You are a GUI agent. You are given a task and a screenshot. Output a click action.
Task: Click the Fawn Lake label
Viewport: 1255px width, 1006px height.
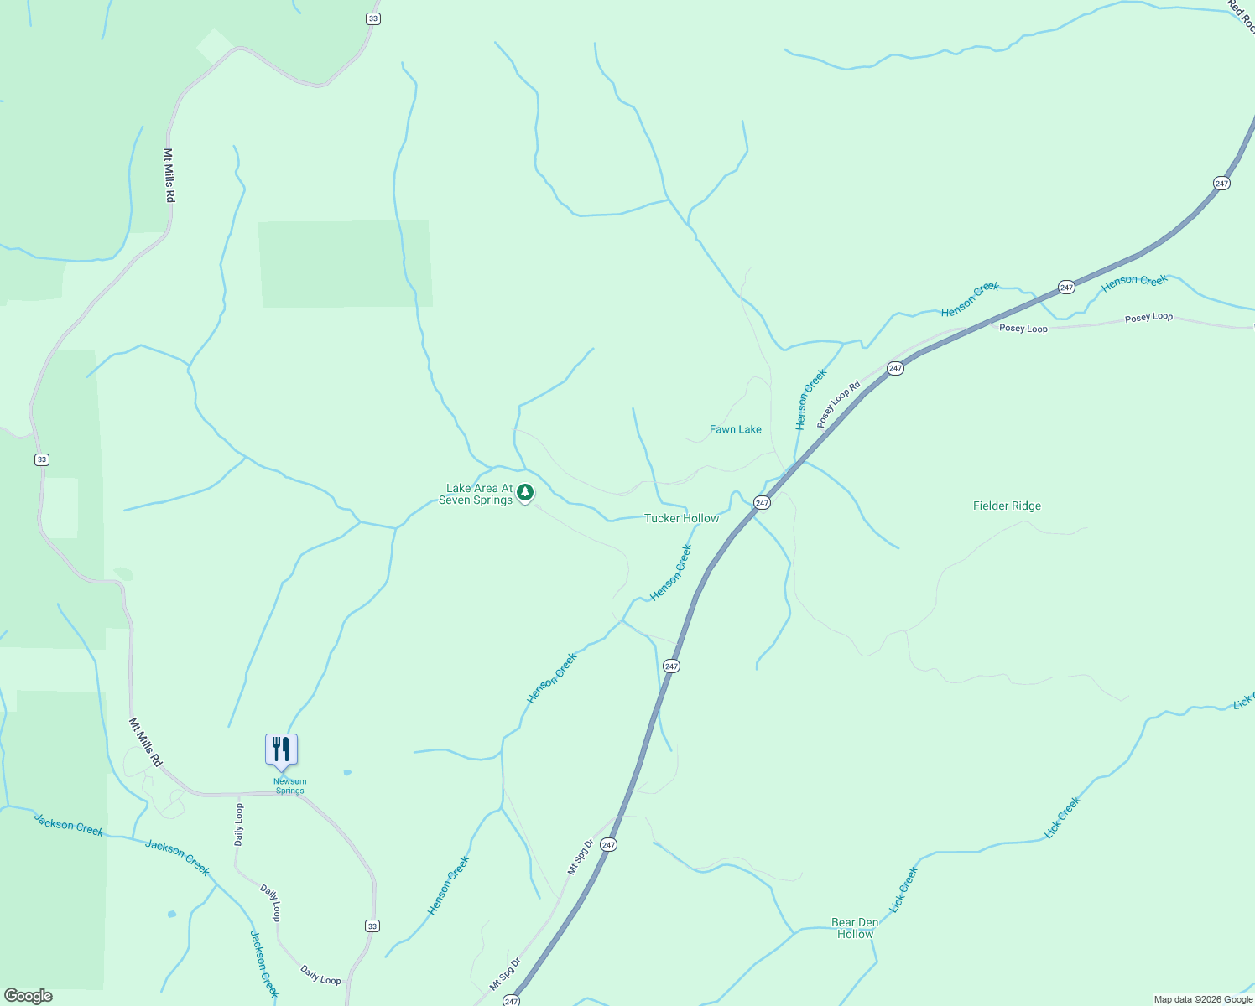pyautogui.click(x=735, y=429)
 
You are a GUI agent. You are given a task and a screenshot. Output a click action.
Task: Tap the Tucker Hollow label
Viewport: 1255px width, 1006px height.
pyautogui.click(x=681, y=518)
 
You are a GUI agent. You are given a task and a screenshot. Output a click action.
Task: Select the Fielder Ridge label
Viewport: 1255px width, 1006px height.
pyautogui.click(x=1007, y=506)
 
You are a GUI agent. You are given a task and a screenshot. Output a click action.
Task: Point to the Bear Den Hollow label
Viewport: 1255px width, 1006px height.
pyautogui.click(x=855, y=928)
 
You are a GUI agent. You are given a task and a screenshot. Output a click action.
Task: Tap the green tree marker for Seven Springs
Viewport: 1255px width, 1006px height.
pyautogui.click(x=525, y=492)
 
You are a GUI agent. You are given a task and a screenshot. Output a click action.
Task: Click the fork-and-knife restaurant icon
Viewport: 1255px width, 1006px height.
pyautogui.click(x=281, y=749)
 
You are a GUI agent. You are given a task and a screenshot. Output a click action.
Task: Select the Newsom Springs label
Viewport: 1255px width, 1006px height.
pyautogui.click(x=289, y=786)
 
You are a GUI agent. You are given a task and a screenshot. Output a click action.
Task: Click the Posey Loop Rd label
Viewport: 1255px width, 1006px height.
pyautogui.click(x=839, y=405)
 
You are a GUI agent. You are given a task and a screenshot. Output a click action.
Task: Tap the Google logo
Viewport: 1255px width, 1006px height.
pyautogui.click(x=28, y=996)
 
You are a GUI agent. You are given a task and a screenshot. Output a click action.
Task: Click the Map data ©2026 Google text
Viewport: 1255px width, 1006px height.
pyautogui.click(x=1203, y=999)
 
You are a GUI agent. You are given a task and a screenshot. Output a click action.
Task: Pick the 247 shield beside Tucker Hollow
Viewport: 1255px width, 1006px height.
pyautogui.click(x=761, y=503)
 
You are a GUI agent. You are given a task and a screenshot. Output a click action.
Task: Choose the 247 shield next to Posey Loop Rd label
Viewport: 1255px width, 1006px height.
pyautogui.click(x=895, y=368)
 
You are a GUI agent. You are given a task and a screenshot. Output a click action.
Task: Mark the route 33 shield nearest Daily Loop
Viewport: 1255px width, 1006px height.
pyautogui.click(x=372, y=926)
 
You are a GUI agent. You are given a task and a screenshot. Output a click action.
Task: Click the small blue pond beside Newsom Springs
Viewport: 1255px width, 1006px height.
pyautogui.click(x=347, y=772)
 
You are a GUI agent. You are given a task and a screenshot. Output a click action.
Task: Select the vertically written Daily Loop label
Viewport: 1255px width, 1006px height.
pyautogui.click(x=239, y=824)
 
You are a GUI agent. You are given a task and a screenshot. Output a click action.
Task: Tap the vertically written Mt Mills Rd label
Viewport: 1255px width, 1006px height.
pyautogui.click(x=169, y=175)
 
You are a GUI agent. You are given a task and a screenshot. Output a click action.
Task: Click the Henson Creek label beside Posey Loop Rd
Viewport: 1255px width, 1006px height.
pyautogui.click(x=811, y=399)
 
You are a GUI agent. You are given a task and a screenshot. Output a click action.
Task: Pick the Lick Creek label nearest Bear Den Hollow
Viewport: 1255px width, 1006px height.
pyautogui.click(x=903, y=889)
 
